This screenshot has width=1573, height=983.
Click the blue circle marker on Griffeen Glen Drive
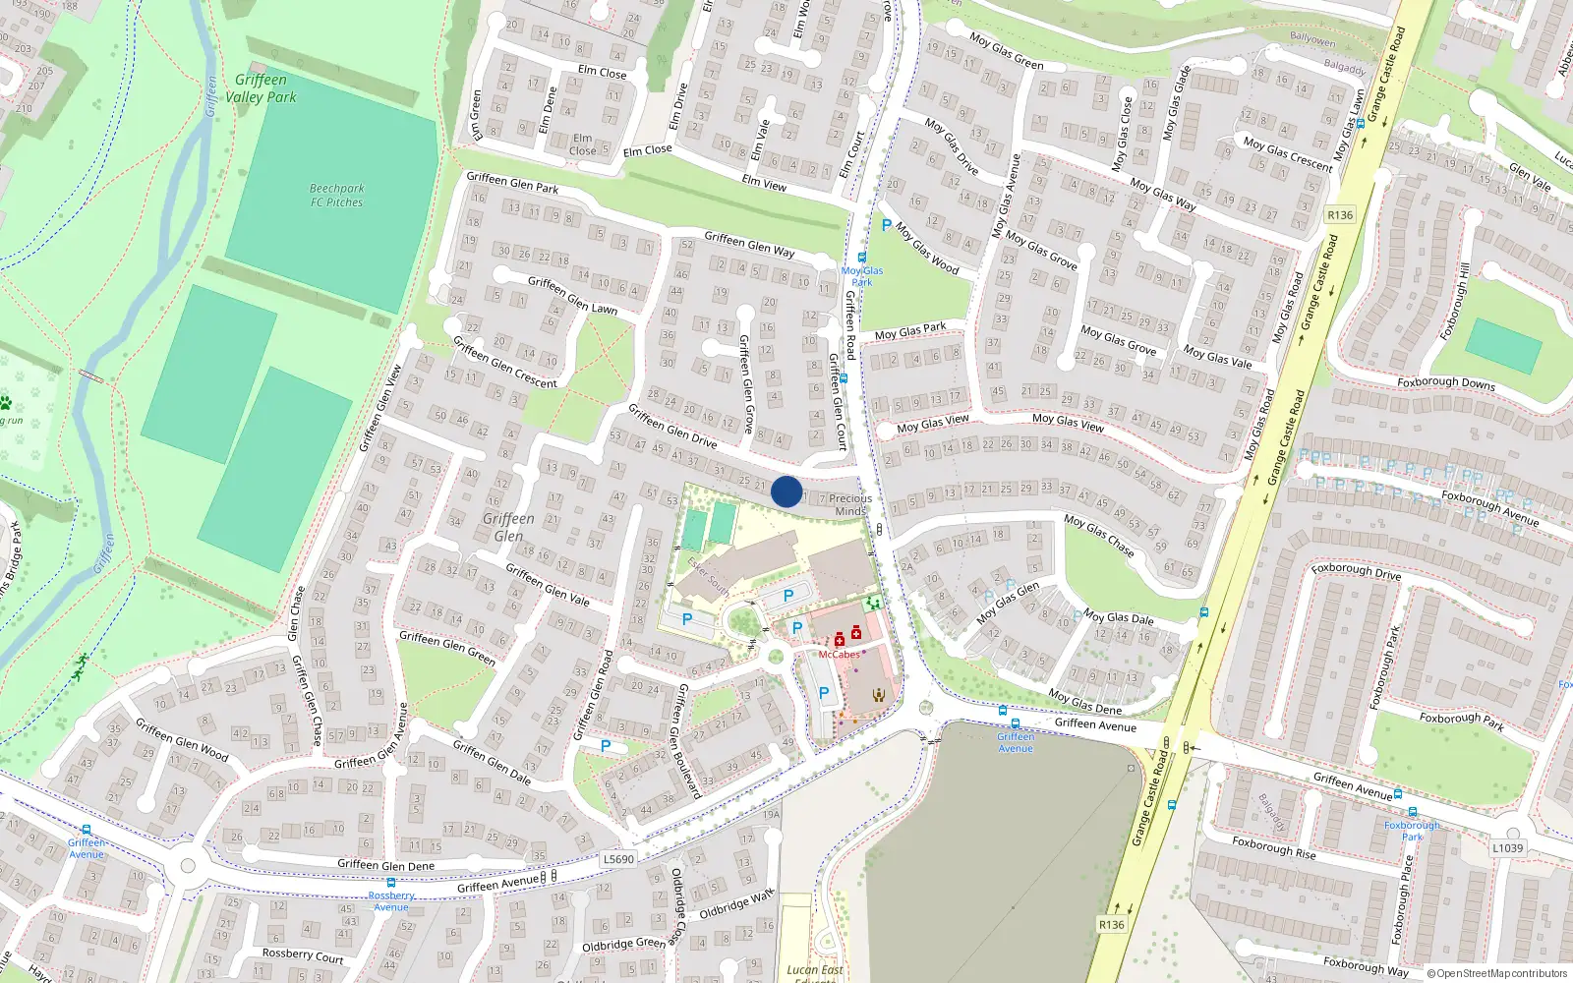point(786,491)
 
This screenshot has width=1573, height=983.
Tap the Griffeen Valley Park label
point(261,88)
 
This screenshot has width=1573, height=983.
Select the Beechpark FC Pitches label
point(336,195)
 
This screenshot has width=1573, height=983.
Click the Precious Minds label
point(850,504)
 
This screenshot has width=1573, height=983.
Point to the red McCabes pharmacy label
point(839,655)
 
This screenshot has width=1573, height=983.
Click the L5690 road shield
point(618,858)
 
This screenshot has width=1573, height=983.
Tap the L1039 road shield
point(1507,847)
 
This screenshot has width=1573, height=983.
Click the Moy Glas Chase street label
point(1099,536)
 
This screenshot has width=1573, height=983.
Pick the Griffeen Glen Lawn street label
point(572,295)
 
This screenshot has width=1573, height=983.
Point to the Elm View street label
point(764,182)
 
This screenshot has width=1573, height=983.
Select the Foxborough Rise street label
point(1273,847)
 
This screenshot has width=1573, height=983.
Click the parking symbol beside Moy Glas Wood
point(887,226)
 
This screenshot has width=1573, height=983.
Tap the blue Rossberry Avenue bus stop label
point(391,901)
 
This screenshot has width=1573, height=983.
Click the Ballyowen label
point(1312,40)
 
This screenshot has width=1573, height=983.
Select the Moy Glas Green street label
point(1006,51)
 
